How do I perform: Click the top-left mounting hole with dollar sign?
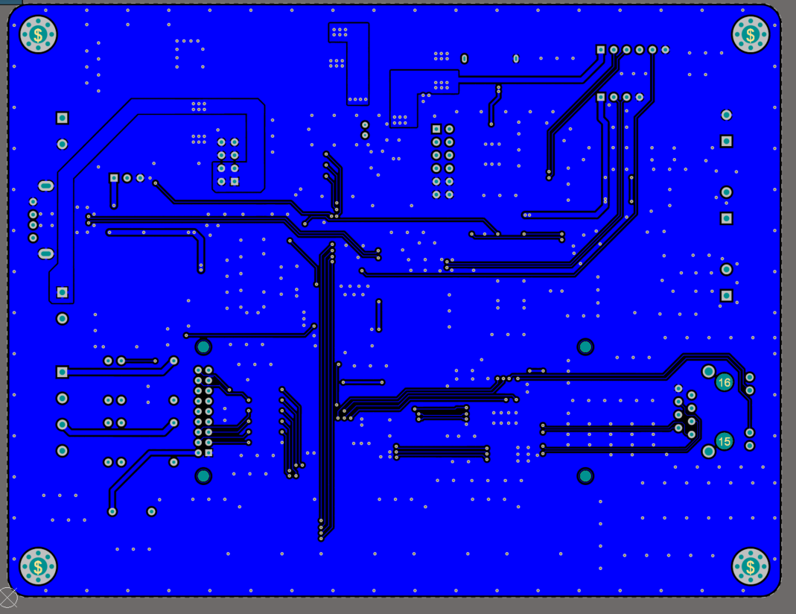[x=38, y=34]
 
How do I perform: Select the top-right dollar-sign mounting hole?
[x=751, y=34]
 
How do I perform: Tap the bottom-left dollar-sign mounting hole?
[x=38, y=566]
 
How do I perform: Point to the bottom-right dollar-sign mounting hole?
[x=751, y=566]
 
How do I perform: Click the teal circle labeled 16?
[x=724, y=382]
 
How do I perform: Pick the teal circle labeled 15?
[x=724, y=441]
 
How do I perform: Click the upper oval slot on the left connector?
[x=45, y=186]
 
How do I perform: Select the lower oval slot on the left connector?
[x=45, y=253]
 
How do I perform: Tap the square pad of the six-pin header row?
[x=601, y=50]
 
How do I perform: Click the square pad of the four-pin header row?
[x=601, y=97]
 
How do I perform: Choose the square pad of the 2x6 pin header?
[x=436, y=129]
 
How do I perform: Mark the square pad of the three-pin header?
[x=114, y=178]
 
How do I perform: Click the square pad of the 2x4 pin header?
[x=235, y=181]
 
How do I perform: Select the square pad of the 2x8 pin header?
[x=208, y=452]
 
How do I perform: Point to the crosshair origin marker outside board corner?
[x=7, y=598]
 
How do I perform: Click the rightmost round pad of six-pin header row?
[x=665, y=50]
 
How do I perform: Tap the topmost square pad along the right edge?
[x=727, y=141]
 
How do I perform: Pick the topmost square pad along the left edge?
[x=62, y=118]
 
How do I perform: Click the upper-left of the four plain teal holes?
[x=203, y=347]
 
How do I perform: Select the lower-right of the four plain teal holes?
[x=585, y=476]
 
